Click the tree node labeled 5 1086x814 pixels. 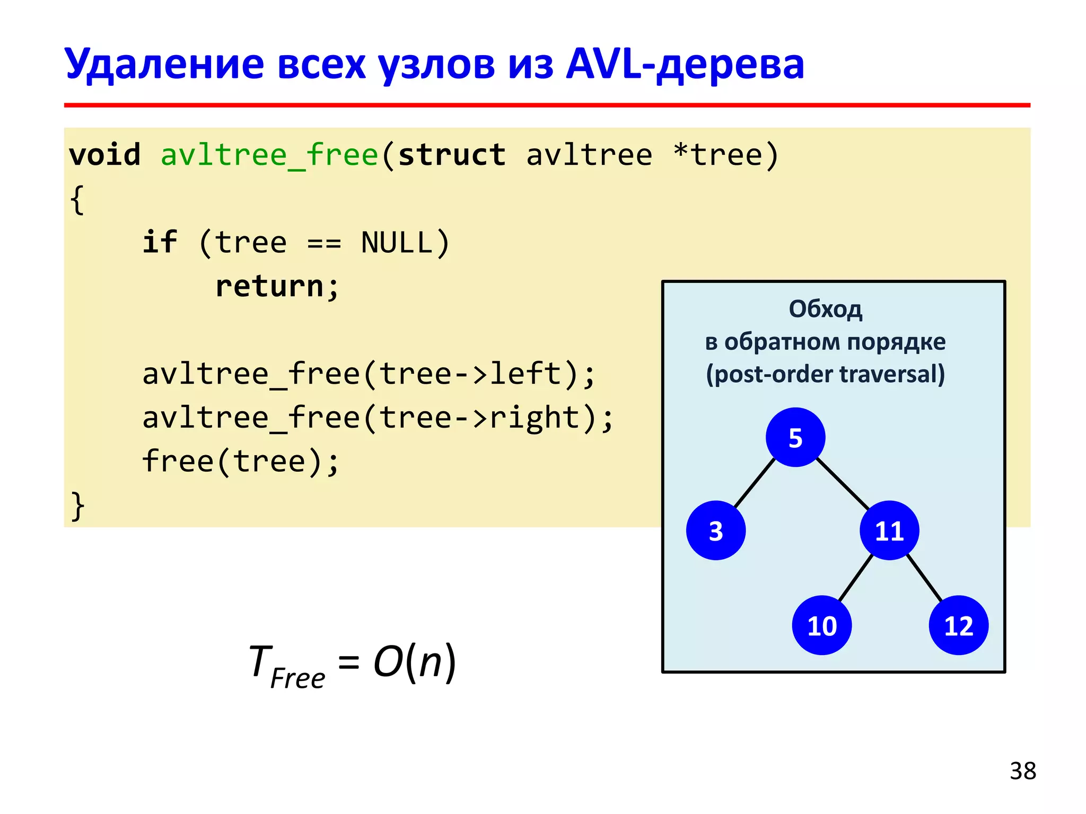pos(795,437)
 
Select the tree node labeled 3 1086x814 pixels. pos(715,530)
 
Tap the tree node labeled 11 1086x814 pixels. pos(889,530)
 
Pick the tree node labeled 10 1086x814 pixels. pos(821,625)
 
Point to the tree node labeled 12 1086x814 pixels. pos(958,625)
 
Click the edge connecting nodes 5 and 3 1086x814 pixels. pos(755,483)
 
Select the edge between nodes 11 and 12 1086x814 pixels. pos(924,578)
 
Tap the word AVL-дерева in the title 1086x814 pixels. pos(685,65)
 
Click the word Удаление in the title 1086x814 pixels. pos(164,65)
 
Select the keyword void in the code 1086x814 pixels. pos(105,155)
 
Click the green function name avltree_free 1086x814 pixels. pos(269,155)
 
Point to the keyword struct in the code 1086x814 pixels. pos(452,155)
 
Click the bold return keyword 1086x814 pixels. pos(270,287)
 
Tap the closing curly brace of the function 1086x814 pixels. pos(77,506)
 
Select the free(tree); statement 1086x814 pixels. pos(240,462)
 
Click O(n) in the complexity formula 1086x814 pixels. pos(414,662)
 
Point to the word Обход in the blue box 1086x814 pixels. pos(825,309)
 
